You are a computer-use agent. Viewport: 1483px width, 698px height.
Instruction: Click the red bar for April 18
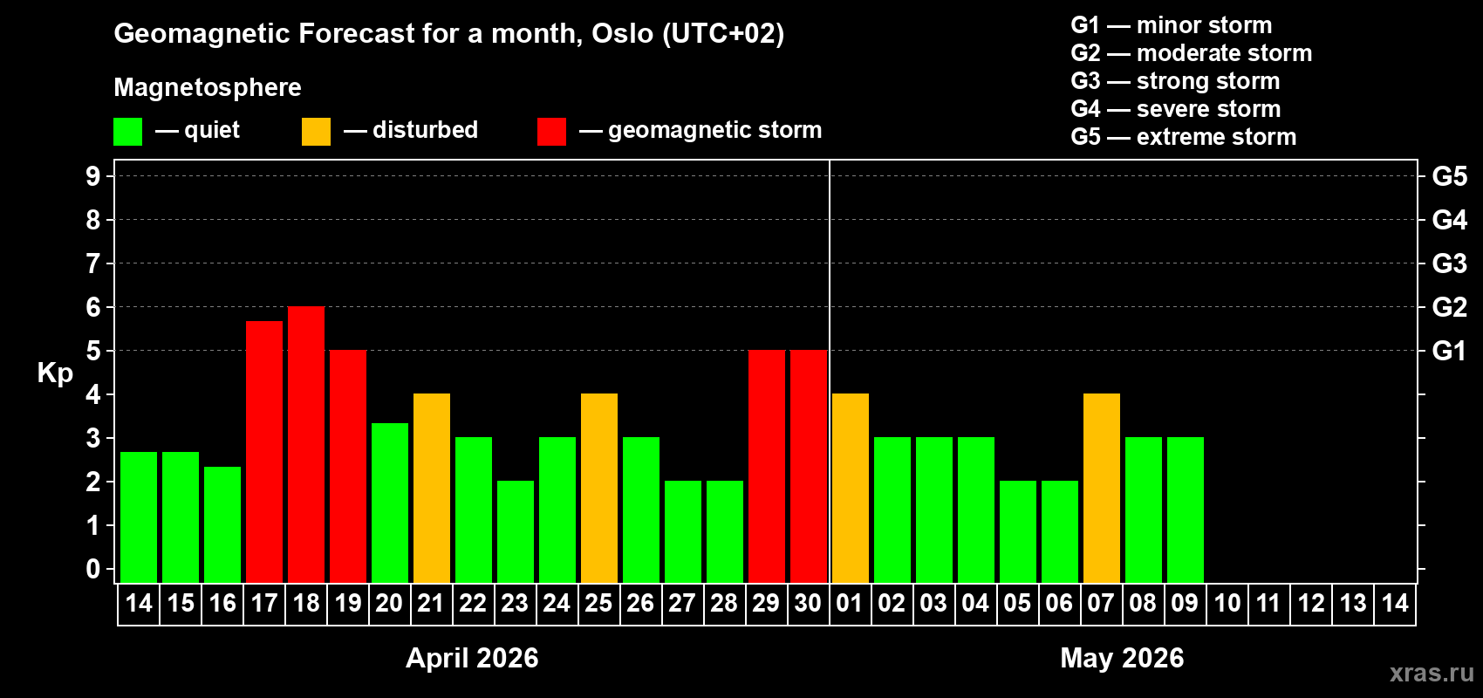point(306,445)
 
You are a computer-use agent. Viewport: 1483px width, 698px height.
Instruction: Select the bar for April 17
point(264,452)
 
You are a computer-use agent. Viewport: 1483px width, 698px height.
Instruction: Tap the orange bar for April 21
point(432,489)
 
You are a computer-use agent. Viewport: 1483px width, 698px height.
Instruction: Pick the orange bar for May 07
point(1102,489)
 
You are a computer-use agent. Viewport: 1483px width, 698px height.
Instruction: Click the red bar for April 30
point(809,467)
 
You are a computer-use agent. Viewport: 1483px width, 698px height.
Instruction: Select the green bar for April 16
point(222,524)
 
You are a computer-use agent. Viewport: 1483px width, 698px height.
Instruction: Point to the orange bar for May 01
point(851,489)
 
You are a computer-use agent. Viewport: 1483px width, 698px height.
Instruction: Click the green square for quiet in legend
point(127,132)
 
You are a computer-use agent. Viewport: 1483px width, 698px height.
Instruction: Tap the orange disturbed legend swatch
point(316,132)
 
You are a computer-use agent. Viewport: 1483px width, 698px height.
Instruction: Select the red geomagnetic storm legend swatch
point(551,132)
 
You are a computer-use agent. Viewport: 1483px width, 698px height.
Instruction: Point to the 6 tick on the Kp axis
point(93,307)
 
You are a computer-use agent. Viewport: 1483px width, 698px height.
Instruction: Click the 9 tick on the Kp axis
point(93,176)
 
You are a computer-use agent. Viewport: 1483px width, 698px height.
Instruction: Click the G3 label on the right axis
point(1449,263)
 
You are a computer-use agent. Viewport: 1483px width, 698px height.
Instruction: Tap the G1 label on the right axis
point(1449,351)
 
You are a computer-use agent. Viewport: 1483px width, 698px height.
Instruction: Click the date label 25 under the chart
point(598,603)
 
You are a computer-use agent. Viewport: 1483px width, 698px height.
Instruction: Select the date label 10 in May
point(1227,603)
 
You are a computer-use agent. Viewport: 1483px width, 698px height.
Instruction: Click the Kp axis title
point(55,373)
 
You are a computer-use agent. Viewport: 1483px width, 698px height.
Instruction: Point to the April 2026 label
point(472,658)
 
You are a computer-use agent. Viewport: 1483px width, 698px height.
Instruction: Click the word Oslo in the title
point(622,33)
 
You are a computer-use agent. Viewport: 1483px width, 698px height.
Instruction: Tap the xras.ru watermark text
point(1432,673)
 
